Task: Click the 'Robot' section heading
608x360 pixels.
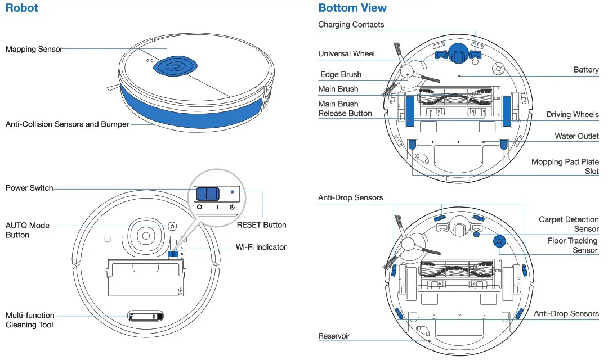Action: tap(22, 8)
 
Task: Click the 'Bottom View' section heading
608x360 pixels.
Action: tap(352, 8)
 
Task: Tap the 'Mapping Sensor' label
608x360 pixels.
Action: tap(34, 49)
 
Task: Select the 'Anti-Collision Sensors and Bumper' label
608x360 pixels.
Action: tap(67, 124)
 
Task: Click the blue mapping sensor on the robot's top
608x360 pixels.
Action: tap(176, 66)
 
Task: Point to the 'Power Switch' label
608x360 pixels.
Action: tap(29, 188)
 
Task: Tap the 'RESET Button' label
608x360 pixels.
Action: tap(261, 225)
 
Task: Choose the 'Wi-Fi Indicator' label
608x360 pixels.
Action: tap(261, 247)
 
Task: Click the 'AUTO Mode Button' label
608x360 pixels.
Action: tap(28, 230)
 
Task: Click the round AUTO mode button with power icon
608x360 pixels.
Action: tap(172, 227)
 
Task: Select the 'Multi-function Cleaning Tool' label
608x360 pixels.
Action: tap(30, 320)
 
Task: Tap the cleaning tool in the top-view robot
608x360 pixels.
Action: tap(145, 317)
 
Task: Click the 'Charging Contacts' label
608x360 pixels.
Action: tap(351, 25)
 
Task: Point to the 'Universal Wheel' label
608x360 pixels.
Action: tap(346, 54)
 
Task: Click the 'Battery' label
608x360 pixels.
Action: tap(585, 70)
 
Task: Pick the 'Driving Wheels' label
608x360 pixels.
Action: tap(572, 115)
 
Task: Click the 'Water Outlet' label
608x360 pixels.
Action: tap(576, 136)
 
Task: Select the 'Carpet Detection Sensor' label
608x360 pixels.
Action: tap(569, 224)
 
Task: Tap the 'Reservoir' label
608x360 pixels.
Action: tap(334, 336)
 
